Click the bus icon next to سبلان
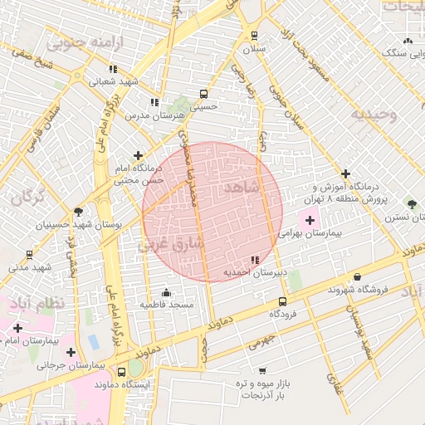coord(254,36)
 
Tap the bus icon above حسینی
coord(203,94)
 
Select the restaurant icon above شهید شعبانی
coord(113,69)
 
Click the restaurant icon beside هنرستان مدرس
coord(154,102)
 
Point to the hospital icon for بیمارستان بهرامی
coord(310,220)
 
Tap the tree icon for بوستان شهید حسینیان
coord(78,212)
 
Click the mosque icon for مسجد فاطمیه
coord(167,292)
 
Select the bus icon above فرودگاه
coord(283,302)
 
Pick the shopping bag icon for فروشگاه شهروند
coord(358,276)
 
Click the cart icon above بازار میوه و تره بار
coord(262,370)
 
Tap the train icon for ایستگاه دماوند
coord(135,371)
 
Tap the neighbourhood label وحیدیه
coord(368,114)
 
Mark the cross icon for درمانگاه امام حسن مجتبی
coord(138,154)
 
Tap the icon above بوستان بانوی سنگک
coord(407,41)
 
